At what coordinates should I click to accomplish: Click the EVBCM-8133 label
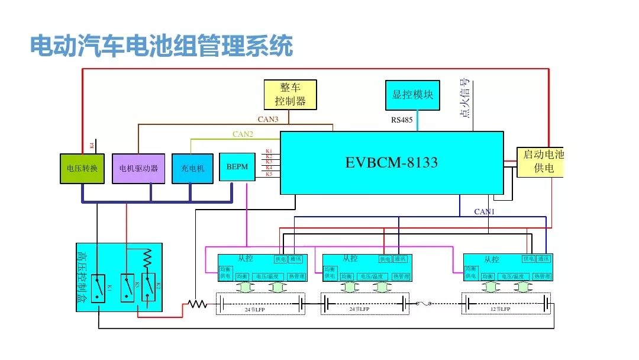click(x=392, y=162)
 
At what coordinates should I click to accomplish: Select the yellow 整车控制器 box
click(x=290, y=95)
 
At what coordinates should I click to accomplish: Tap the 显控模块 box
click(x=413, y=95)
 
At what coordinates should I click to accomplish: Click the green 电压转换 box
click(x=82, y=168)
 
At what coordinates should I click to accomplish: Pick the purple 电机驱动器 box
click(x=138, y=168)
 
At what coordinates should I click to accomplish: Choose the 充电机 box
click(x=192, y=168)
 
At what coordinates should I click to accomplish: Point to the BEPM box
click(x=237, y=167)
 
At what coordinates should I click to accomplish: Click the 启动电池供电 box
click(x=540, y=162)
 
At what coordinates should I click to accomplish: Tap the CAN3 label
click(x=268, y=120)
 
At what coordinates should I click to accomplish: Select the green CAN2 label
click(x=243, y=134)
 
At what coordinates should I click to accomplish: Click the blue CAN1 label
click(x=484, y=211)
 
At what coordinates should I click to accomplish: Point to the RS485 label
click(x=402, y=120)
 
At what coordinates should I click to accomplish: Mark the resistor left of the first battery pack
click(x=196, y=304)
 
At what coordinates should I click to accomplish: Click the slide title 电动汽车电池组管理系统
click(x=162, y=47)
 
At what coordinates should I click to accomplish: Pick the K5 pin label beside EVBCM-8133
click(x=269, y=174)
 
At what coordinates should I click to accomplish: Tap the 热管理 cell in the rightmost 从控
click(x=542, y=277)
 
